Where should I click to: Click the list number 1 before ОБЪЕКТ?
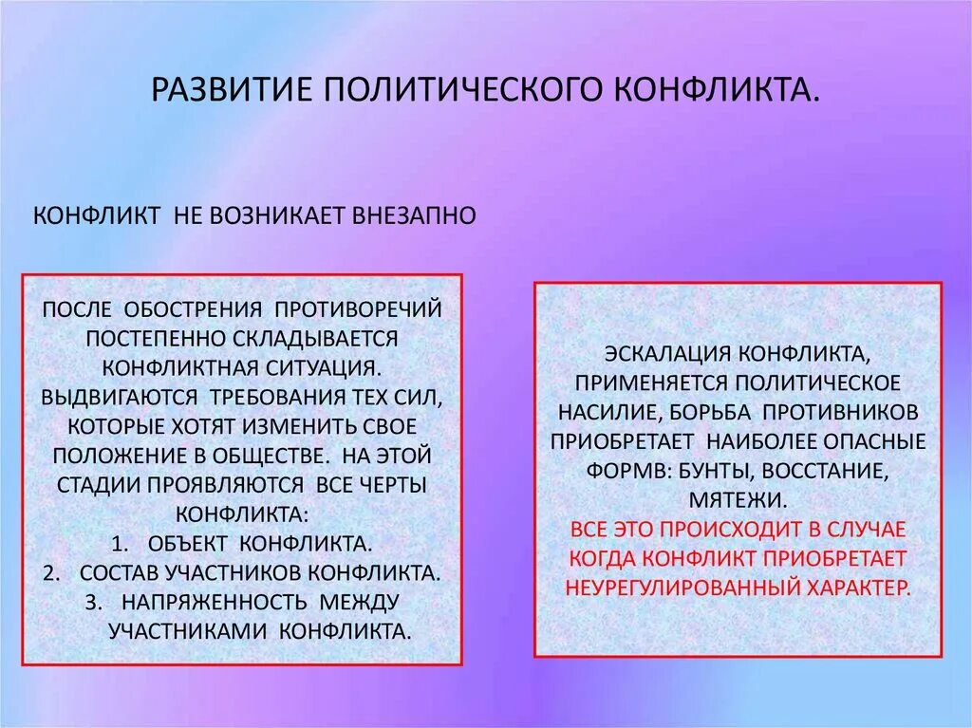[119, 544]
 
